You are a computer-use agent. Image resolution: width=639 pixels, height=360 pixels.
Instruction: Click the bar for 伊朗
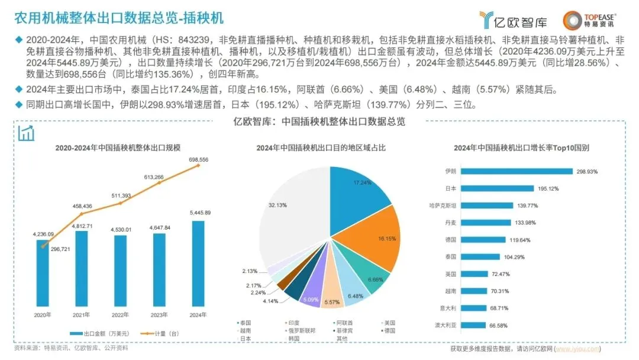(516, 171)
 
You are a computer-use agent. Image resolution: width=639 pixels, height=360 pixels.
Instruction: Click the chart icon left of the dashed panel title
(26, 133)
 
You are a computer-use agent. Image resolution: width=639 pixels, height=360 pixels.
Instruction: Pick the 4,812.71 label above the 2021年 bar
(82, 226)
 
